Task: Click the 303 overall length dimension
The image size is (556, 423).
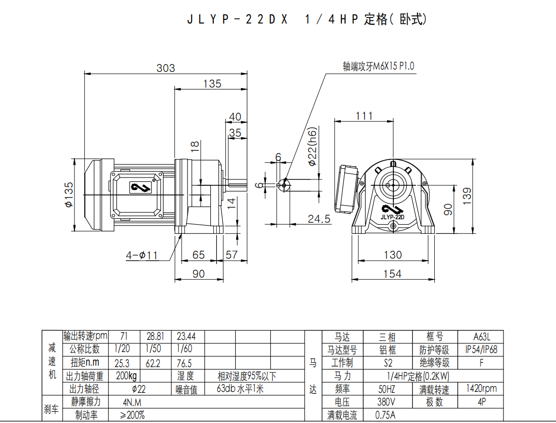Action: (166, 68)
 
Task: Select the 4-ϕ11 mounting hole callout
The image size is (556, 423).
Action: (142, 255)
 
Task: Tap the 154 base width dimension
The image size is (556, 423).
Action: (392, 274)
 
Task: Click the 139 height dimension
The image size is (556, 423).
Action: (467, 196)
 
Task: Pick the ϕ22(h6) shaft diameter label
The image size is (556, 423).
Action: (312, 146)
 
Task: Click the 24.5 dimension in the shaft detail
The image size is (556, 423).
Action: (319, 219)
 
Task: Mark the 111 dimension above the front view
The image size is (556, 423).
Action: (364, 116)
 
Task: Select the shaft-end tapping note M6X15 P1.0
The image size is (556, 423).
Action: (378, 66)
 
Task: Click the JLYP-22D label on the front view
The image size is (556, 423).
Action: (392, 217)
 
